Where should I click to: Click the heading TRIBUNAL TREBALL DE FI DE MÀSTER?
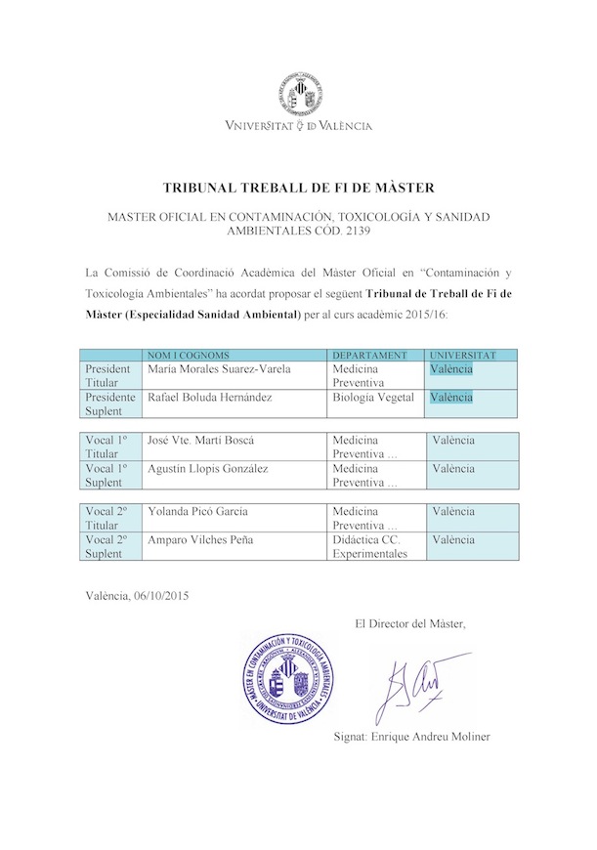[298, 187]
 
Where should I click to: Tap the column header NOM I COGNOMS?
[187, 355]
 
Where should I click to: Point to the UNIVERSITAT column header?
[463, 355]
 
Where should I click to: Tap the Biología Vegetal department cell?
[373, 398]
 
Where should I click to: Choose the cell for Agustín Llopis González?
[207, 468]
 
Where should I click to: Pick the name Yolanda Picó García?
[197, 511]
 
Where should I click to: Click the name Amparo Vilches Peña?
[202, 539]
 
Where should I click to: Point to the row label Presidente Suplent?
[110, 404]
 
